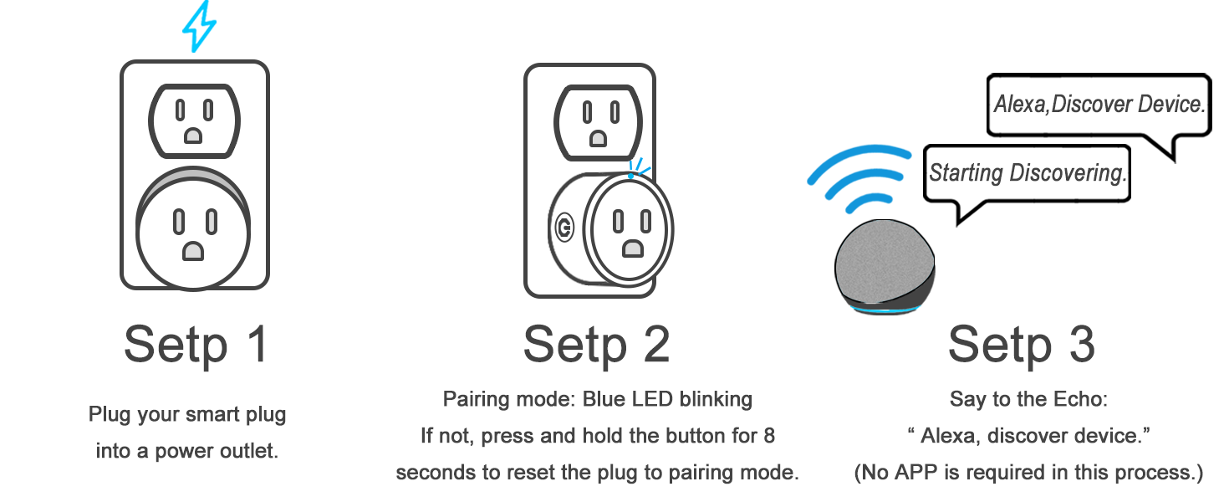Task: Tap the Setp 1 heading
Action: pos(196,344)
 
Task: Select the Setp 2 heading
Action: pos(596,344)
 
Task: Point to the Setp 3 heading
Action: pos(1021,344)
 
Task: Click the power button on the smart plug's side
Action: pos(564,227)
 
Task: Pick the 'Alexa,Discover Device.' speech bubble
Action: pos(1099,105)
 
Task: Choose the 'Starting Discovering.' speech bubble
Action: pos(1027,174)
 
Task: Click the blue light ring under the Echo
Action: pos(885,310)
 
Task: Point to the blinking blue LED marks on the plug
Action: pos(639,166)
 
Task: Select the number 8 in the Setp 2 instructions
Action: pos(768,436)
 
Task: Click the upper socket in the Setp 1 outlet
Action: pos(193,119)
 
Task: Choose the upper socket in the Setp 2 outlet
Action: pos(599,119)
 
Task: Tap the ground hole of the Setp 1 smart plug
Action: pos(194,250)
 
